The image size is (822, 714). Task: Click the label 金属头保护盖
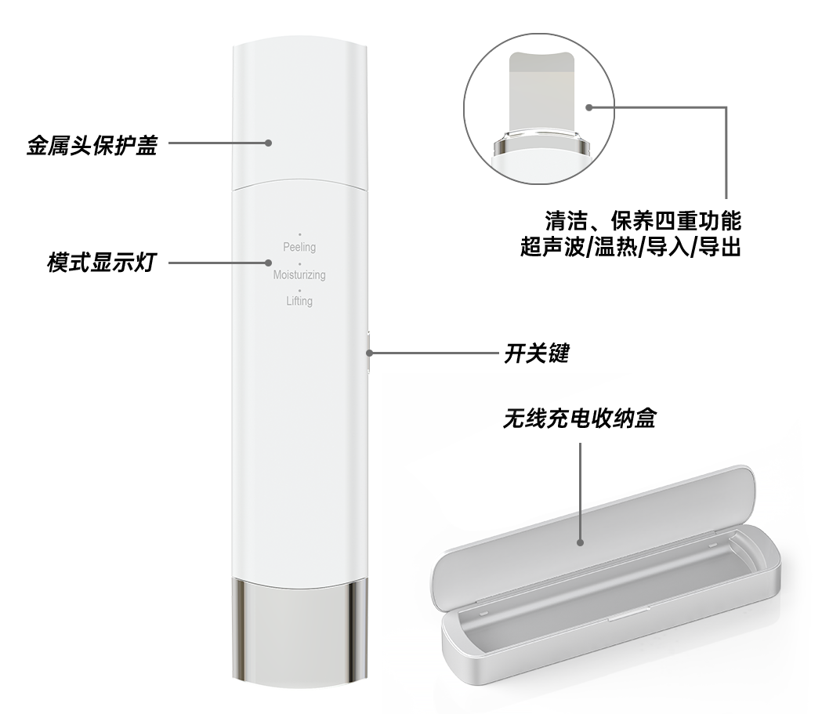(x=92, y=145)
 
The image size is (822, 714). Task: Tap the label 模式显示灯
(x=102, y=262)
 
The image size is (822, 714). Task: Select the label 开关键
(x=536, y=353)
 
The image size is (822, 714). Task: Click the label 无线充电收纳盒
(x=579, y=419)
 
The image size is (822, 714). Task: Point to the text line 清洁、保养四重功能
(x=643, y=221)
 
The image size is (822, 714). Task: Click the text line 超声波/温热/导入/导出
(x=630, y=246)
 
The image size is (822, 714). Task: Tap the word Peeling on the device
(x=299, y=247)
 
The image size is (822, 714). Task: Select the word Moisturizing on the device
(x=299, y=274)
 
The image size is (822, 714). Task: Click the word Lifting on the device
(x=299, y=301)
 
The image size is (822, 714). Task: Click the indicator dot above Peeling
(x=300, y=234)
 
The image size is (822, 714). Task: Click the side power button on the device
(x=369, y=352)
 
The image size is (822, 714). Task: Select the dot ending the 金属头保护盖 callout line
(x=269, y=143)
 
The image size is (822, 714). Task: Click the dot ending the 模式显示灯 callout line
(x=269, y=263)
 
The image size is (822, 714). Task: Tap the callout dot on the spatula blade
(x=588, y=107)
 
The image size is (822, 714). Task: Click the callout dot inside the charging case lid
(x=581, y=542)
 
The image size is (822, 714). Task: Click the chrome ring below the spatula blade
(x=540, y=145)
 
